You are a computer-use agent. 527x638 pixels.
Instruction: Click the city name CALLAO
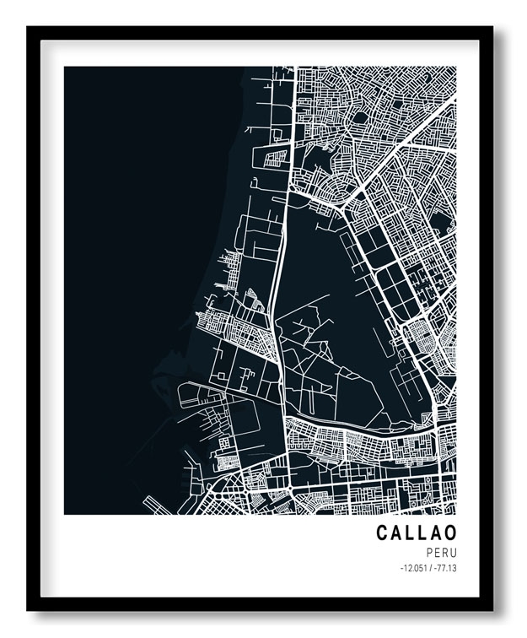pos(417,533)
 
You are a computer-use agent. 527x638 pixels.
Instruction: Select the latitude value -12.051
pos(414,568)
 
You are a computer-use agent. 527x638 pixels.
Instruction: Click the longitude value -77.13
pos(444,568)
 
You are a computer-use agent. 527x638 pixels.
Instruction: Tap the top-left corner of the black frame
pos(28,28)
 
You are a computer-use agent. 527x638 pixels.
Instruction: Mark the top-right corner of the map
pos(455,68)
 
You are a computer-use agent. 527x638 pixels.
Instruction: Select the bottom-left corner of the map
pos(65,514)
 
